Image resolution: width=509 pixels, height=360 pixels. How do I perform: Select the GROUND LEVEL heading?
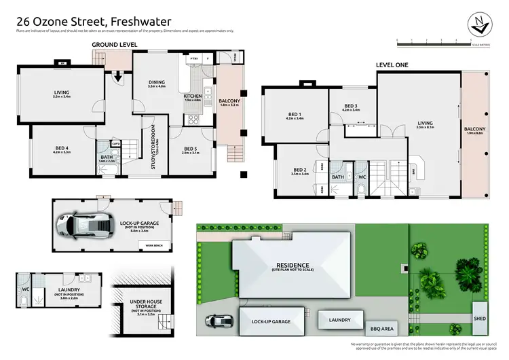(115, 44)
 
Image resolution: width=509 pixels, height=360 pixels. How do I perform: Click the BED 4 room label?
(61, 148)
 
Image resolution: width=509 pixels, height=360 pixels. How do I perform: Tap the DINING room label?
(157, 84)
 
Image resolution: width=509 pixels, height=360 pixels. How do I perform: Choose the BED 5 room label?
(191, 149)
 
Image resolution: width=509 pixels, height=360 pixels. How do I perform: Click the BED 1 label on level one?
(295, 114)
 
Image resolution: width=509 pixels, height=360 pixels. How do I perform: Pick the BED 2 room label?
(301, 170)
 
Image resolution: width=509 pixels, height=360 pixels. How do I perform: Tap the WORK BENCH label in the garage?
(149, 244)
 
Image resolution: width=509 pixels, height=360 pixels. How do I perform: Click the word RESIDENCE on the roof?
(292, 265)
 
